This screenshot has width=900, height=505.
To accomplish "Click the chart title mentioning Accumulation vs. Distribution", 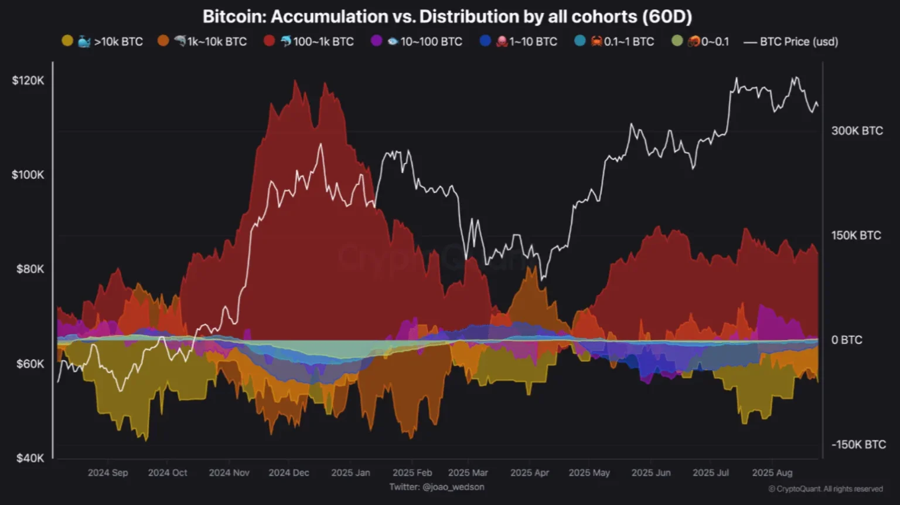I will coord(447,16).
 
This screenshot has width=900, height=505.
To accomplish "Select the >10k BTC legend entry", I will coord(103,42).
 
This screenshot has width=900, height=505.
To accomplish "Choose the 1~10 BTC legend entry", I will coord(519,42).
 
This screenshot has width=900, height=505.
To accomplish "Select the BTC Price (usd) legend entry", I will coord(791,42).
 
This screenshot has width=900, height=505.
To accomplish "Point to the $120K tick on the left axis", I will coord(28,80).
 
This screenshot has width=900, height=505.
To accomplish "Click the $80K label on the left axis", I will coord(30,269).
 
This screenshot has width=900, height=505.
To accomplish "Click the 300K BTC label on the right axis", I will coord(857,131).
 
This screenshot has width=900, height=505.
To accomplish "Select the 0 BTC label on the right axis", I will coord(847,340).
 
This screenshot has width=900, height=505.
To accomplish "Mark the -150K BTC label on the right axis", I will coord(858,445).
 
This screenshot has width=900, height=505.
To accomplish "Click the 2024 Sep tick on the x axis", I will coord(108,473).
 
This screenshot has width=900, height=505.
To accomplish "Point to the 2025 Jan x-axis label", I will coord(350,473).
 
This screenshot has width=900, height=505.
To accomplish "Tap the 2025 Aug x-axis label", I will coord(772,473).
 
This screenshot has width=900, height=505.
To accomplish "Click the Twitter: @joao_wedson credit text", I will coord(437,487).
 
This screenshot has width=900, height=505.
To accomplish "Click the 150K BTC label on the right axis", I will coord(856,235).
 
